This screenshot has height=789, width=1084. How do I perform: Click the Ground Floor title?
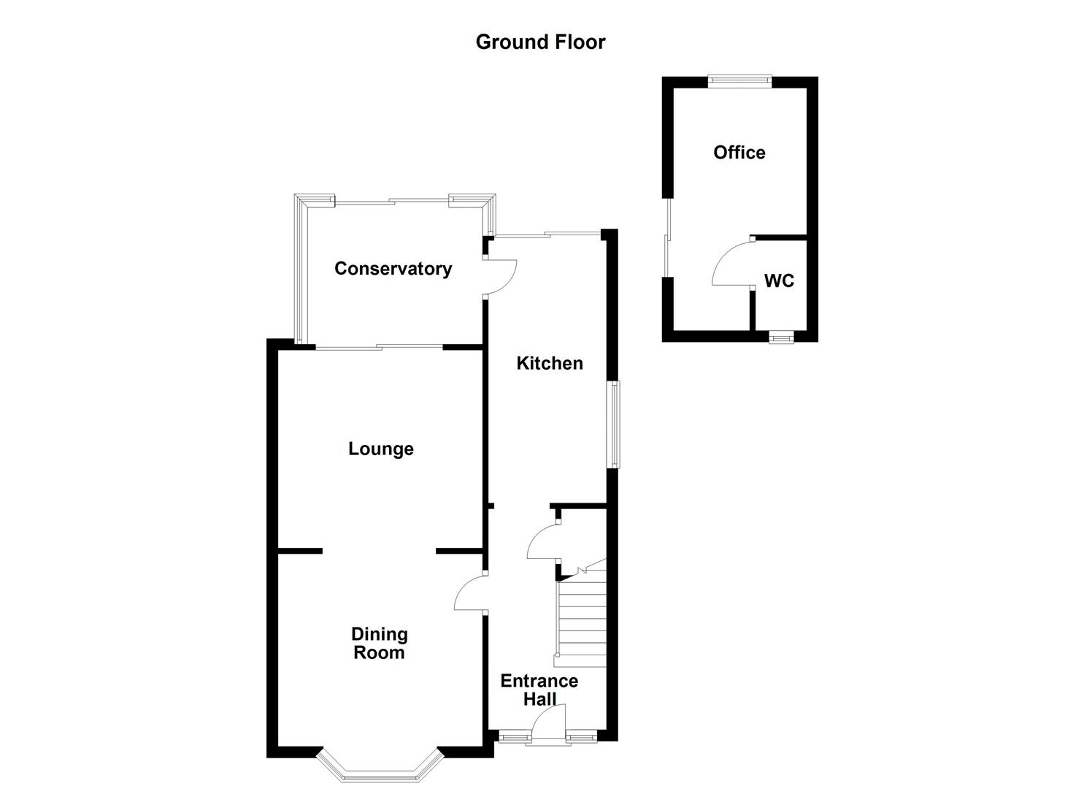pos(540,42)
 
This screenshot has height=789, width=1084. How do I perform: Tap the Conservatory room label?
pos(393,269)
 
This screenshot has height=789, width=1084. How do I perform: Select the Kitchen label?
pos(549,363)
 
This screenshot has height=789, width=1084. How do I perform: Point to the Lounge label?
pos(380,449)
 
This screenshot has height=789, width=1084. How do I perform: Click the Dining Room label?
pos(379,644)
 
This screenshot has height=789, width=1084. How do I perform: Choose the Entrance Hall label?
pos(539,690)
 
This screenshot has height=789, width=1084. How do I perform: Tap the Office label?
pos(739,152)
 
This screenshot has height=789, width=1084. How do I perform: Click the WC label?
pos(778,281)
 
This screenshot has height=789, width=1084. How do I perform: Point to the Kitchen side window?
pos(616,424)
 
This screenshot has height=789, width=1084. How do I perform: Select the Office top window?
pos(739,81)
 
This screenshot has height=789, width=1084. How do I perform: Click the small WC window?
pos(780,337)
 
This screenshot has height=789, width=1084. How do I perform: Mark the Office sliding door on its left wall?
pos(667,237)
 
